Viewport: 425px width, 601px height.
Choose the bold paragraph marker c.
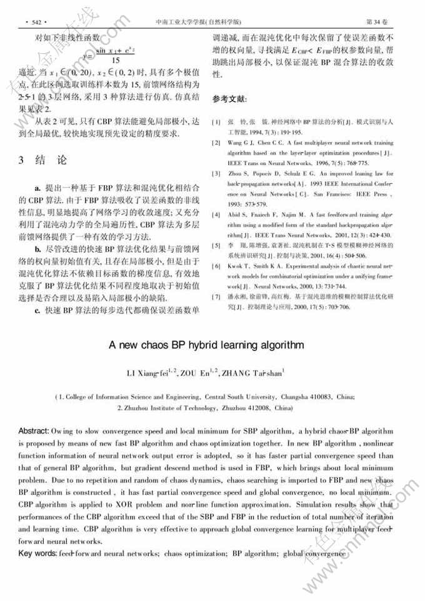[x=38, y=310]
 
